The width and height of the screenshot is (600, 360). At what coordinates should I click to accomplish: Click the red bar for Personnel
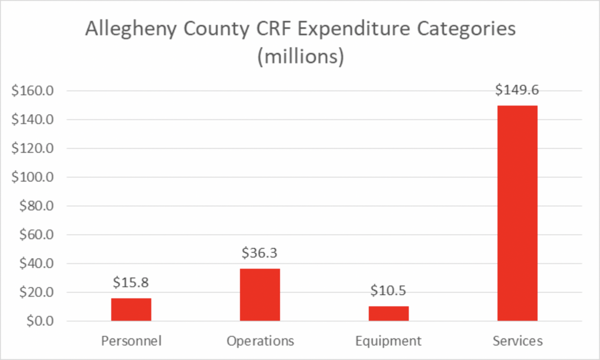131,309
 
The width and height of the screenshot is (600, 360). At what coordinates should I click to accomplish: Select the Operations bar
260,295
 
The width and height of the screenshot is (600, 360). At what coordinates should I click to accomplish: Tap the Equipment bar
388,313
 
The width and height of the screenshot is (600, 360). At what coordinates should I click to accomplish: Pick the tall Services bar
517,213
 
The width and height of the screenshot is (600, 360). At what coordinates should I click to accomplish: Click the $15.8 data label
131,282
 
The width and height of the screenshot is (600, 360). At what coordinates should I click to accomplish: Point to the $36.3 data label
260,253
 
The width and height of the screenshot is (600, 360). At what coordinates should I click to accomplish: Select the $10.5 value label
388,290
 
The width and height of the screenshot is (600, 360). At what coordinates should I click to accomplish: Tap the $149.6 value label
517,90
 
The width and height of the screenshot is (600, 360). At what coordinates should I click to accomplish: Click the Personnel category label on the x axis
131,341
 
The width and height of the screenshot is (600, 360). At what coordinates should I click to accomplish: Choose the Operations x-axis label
260,341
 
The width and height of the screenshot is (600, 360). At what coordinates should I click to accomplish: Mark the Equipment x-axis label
388,341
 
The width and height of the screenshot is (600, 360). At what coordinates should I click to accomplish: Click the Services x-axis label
517,341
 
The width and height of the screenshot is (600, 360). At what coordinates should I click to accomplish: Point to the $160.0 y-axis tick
32,90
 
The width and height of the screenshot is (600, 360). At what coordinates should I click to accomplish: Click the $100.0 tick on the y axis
32,177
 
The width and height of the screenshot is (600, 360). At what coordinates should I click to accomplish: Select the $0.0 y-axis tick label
40,321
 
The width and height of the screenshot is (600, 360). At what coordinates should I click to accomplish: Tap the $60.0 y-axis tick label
36,235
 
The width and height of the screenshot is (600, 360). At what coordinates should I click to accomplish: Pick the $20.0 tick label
36,292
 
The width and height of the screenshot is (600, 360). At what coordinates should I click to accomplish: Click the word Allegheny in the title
131,29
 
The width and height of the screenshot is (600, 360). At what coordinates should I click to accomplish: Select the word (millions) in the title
300,56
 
